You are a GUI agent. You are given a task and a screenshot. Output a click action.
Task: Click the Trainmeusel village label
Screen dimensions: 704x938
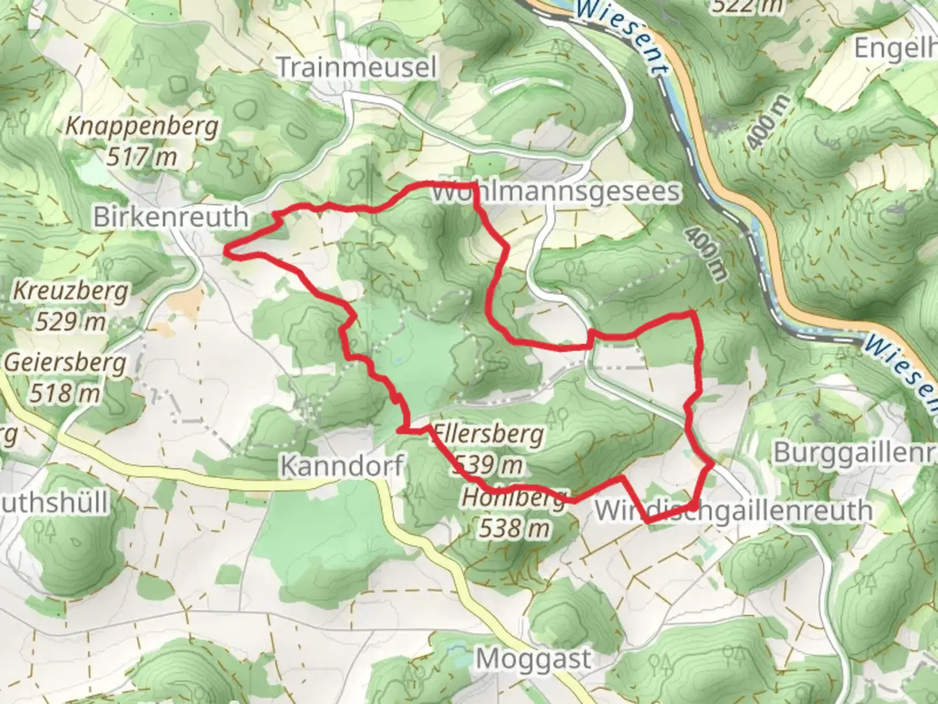tap(356, 67)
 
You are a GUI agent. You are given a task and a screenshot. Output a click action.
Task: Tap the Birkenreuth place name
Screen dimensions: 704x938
tap(171, 216)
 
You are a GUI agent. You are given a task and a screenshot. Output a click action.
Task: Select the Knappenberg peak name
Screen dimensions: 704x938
tap(141, 126)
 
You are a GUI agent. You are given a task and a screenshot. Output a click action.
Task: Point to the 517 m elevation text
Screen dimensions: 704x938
tap(141, 157)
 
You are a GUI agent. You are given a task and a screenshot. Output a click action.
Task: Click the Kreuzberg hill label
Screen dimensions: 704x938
tap(70, 291)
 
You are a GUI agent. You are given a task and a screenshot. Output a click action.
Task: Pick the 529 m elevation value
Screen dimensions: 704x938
tap(70, 321)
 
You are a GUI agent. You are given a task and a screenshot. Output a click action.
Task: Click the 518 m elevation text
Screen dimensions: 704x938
tap(65, 393)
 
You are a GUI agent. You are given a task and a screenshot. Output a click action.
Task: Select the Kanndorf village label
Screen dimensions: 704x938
tap(341, 465)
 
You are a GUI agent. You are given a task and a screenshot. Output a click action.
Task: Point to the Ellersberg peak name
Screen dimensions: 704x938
tap(489, 433)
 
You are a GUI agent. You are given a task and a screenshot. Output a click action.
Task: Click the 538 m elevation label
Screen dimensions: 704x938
tap(514, 528)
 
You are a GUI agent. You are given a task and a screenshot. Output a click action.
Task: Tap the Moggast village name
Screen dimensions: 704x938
tap(533, 659)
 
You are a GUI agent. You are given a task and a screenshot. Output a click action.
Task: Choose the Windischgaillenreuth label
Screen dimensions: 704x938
tap(733, 510)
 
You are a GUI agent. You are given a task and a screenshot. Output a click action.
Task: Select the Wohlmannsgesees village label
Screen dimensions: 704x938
tap(556, 192)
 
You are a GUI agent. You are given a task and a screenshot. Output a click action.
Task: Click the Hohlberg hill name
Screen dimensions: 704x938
tap(514, 498)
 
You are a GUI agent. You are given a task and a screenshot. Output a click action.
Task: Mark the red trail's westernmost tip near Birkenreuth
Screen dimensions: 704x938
tap(227, 248)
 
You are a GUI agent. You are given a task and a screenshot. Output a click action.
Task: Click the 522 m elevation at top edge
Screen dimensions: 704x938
tap(747, 6)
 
